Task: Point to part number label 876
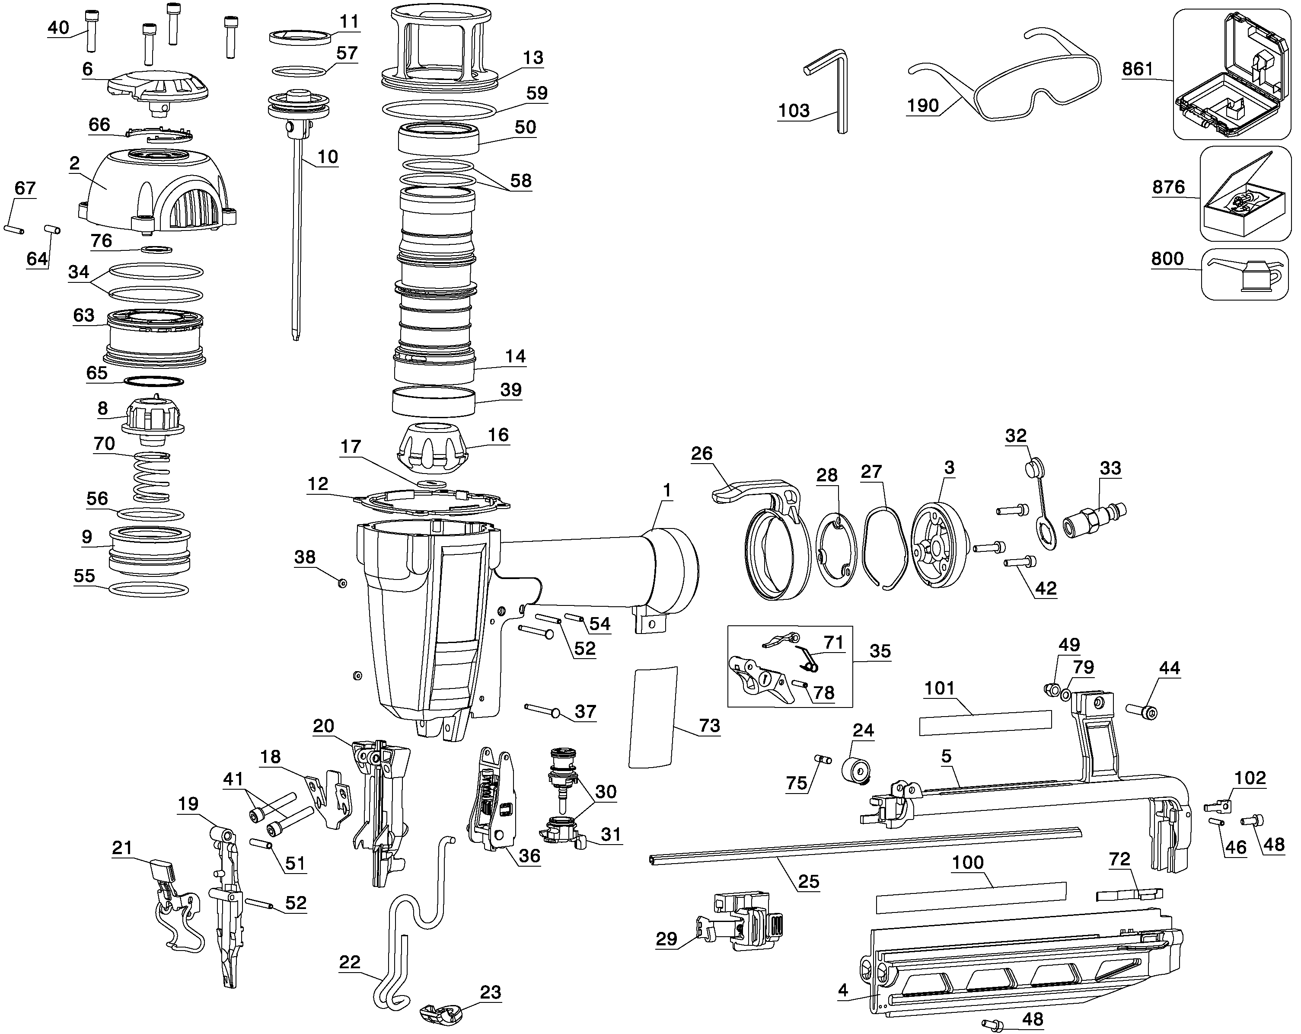(1167, 187)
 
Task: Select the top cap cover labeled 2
(157, 190)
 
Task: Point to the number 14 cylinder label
(515, 356)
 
